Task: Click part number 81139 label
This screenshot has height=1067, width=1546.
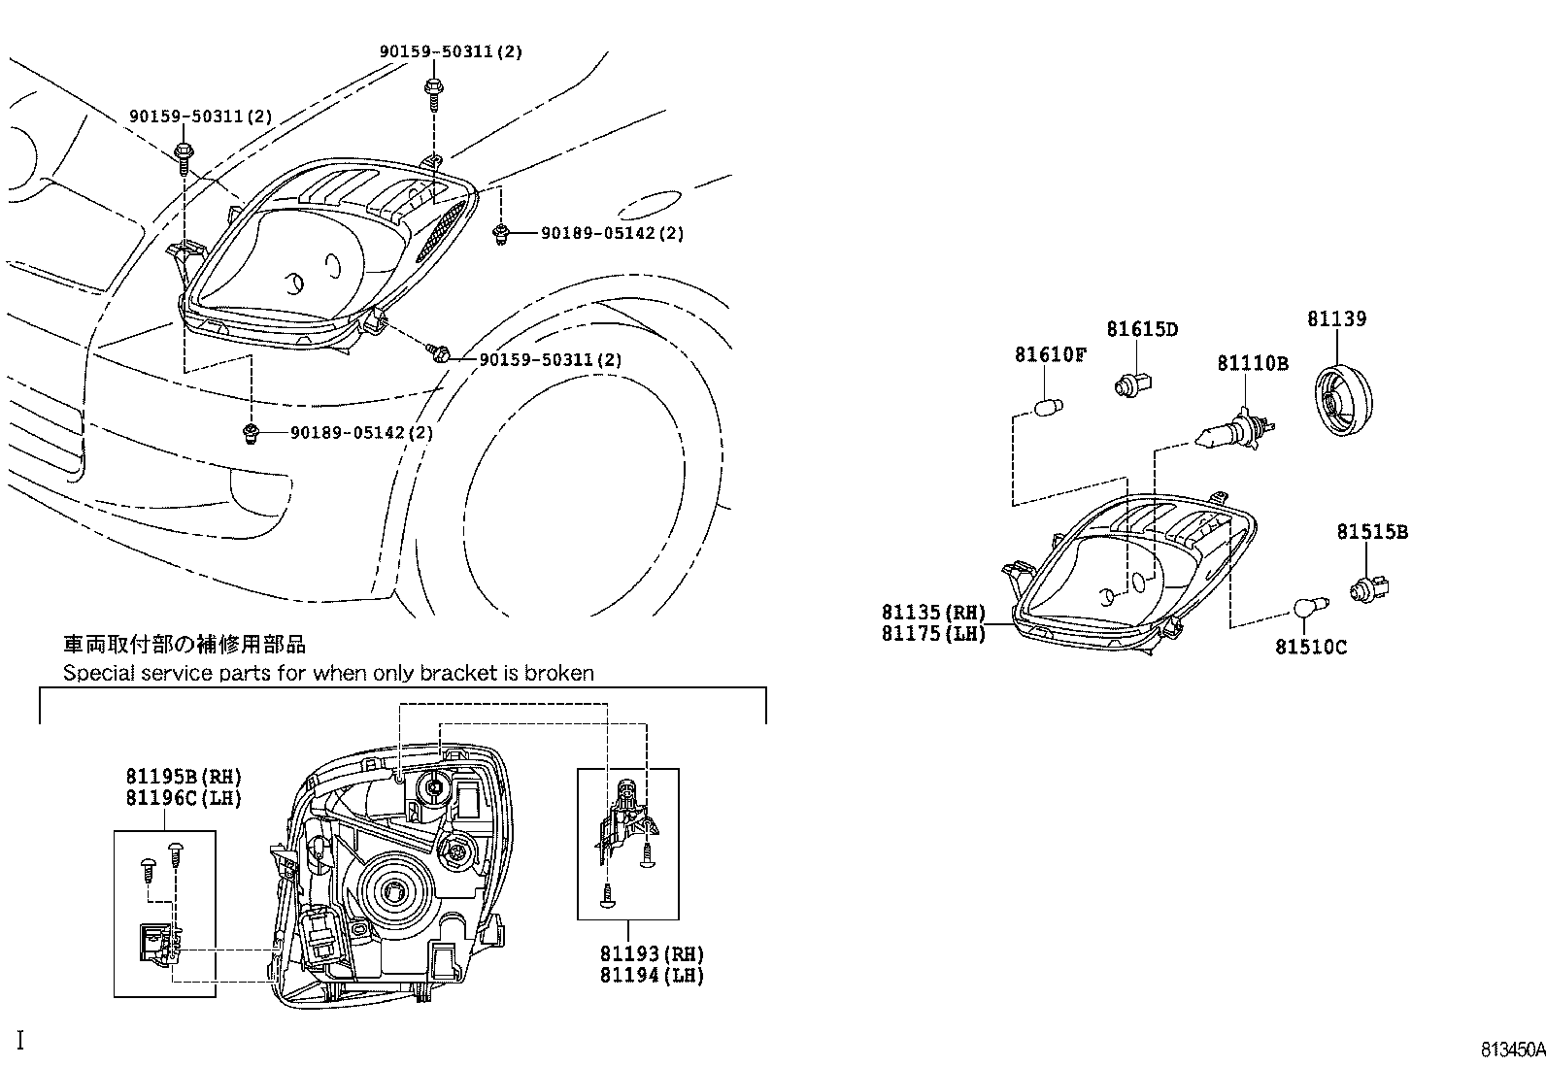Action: tap(1336, 318)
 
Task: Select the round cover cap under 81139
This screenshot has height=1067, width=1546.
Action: tap(1342, 397)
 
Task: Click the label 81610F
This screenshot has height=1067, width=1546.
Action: tap(1050, 354)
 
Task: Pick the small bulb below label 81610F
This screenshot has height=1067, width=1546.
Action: tap(1049, 405)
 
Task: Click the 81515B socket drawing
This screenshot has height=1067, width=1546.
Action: tap(1370, 587)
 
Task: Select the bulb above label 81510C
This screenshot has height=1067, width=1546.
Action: tap(1304, 609)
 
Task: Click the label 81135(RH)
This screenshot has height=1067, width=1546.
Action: tap(933, 613)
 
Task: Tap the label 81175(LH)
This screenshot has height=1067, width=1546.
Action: tap(933, 634)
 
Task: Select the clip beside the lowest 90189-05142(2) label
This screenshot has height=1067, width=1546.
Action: tap(251, 433)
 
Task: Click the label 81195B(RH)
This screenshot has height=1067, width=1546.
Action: tap(183, 777)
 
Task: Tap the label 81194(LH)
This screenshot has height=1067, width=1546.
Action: tap(651, 976)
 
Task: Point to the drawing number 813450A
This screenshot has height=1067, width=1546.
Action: tap(1511, 1050)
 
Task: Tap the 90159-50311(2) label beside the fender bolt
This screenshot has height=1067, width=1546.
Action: tap(551, 360)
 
